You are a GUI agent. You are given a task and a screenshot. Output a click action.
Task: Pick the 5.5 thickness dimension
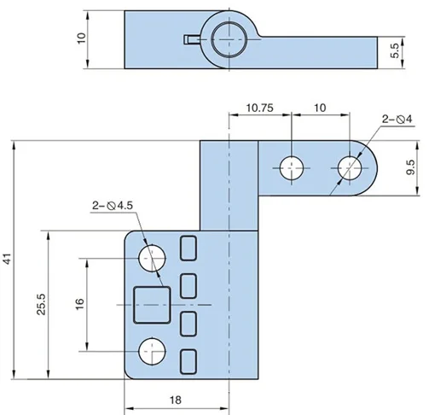pos(395,52)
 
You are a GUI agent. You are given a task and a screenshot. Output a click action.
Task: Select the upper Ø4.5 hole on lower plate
pos(152,255)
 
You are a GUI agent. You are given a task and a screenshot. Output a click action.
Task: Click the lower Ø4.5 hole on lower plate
pos(152,349)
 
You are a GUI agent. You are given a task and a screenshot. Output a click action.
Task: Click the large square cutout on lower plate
pos(153,304)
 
